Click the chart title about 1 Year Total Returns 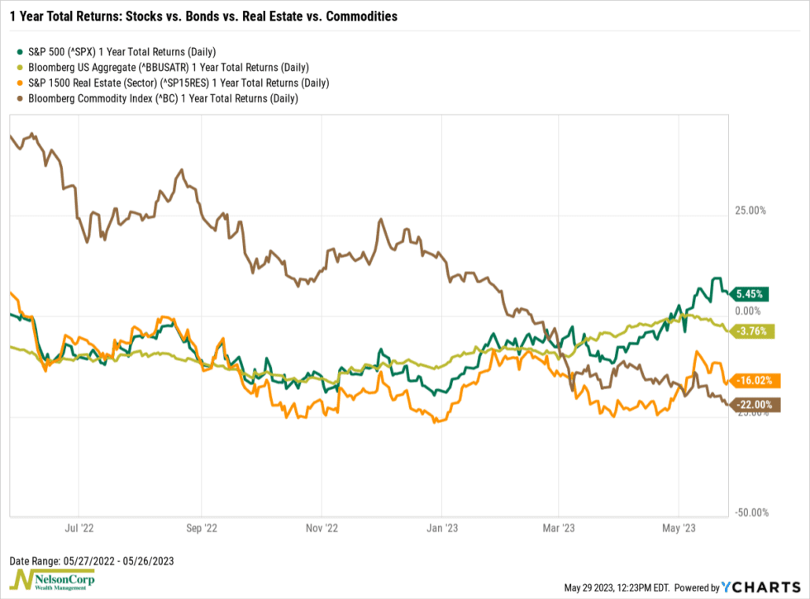[203, 16]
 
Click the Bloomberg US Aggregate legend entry [161, 68]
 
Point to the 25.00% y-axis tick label [751, 211]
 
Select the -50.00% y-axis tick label [750, 513]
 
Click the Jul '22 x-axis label [79, 526]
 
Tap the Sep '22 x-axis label [200, 526]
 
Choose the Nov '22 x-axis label [322, 526]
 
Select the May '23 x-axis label [678, 526]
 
